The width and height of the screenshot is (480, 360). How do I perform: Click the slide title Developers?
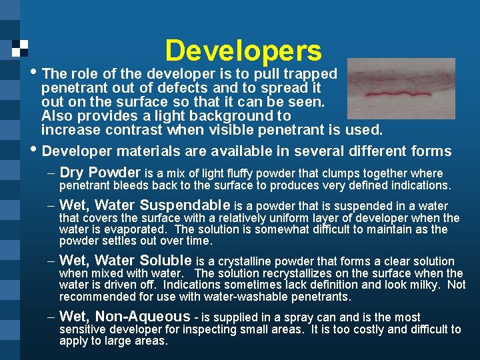pyautogui.click(x=243, y=51)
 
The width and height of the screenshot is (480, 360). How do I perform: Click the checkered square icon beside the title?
pyautogui.click(x=20, y=47)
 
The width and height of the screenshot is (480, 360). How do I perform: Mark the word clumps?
pyautogui.click(x=337, y=173)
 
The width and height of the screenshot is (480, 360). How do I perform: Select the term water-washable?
pyautogui.click(x=257, y=297)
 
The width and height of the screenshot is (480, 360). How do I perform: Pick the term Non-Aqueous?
pyautogui.click(x=143, y=317)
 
